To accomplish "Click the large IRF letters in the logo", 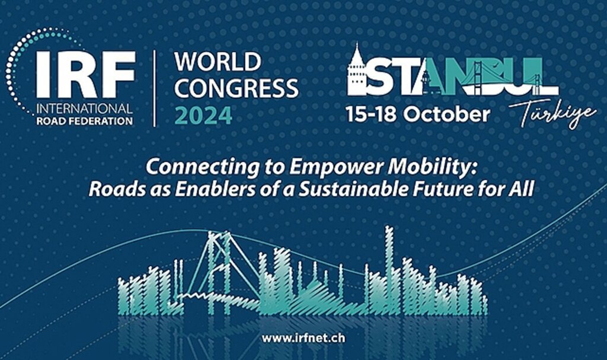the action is click(x=86, y=74).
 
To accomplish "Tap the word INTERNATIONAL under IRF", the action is click(x=84, y=109).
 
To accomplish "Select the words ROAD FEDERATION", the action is click(x=84, y=121).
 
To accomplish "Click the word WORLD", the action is click(x=218, y=62).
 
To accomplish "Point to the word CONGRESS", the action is click(x=236, y=88).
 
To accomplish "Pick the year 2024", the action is click(x=203, y=115).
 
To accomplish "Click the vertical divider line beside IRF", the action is click(x=155, y=88).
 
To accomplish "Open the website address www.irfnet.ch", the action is click(x=303, y=338).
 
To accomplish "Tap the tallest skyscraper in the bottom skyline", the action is click(x=389, y=267).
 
